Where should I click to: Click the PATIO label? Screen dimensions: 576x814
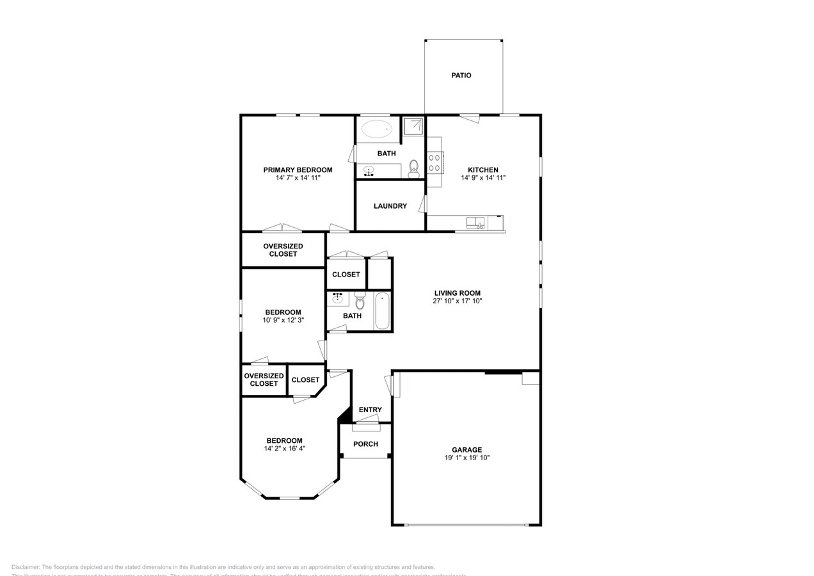pyautogui.click(x=461, y=76)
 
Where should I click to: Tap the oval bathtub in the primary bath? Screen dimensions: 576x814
pyautogui.click(x=377, y=129)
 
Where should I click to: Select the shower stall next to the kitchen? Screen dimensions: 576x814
pyautogui.click(x=413, y=126)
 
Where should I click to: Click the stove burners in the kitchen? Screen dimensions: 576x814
pyautogui.click(x=435, y=163)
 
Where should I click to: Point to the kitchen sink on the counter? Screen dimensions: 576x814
pyautogui.click(x=475, y=223)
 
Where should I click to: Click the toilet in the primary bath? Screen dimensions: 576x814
pyautogui.click(x=413, y=168)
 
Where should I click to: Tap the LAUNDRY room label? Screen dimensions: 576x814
pyautogui.click(x=390, y=206)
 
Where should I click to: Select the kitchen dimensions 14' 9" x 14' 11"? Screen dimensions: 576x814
pyautogui.click(x=483, y=178)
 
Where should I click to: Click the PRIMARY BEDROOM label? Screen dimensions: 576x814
pyautogui.click(x=298, y=170)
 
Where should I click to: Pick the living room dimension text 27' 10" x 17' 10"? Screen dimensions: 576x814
pyautogui.click(x=457, y=301)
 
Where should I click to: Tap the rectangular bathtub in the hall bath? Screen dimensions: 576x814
pyautogui.click(x=382, y=311)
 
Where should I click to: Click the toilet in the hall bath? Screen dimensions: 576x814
pyautogui.click(x=360, y=300)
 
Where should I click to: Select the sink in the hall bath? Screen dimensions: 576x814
pyautogui.click(x=337, y=298)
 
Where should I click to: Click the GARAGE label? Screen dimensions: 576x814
pyautogui.click(x=467, y=450)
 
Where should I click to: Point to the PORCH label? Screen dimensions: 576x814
pyautogui.click(x=365, y=444)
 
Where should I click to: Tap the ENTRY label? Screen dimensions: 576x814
pyautogui.click(x=370, y=410)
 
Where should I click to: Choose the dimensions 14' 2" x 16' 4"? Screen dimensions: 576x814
pyautogui.click(x=284, y=449)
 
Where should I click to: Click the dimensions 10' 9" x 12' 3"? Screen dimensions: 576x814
pyautogui.click(x=283, y=320)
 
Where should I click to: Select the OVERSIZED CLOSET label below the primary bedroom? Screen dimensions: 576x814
pyautogui.click(x=283, y=250)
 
